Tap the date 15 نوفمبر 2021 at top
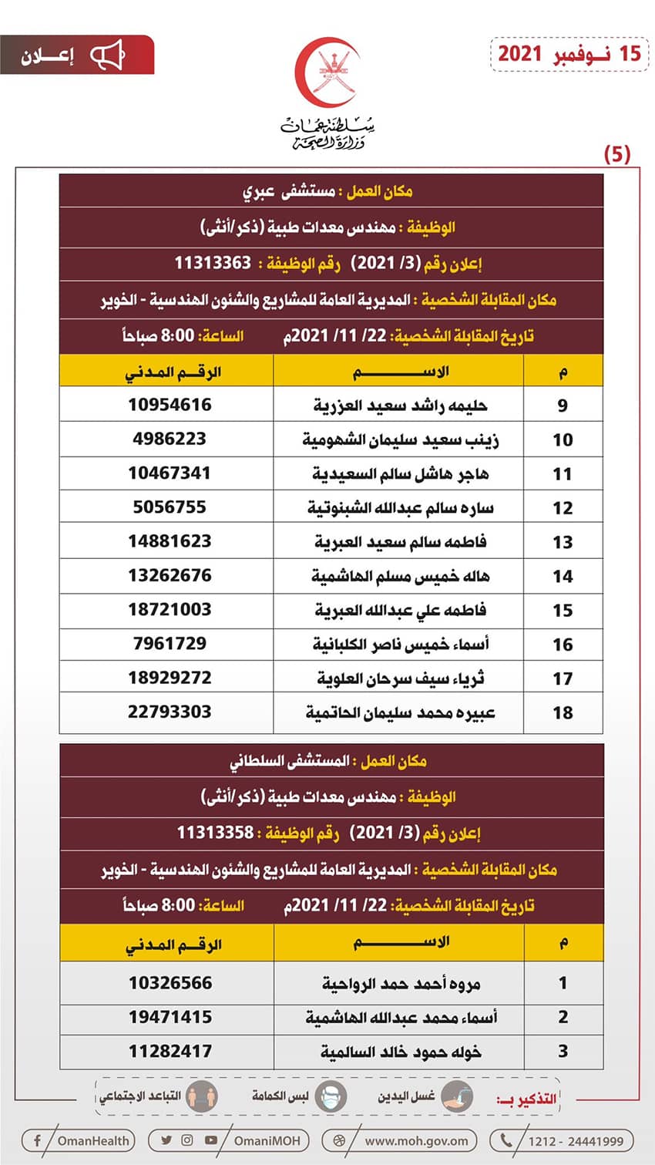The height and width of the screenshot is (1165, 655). pos(569,53)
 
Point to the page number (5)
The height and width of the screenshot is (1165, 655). pos(616,154)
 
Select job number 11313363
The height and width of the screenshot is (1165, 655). pos(213,263)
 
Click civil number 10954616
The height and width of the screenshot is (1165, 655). pos(170,405)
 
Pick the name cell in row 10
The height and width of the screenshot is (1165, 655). pos(400,439)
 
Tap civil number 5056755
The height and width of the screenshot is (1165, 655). pos(170,507)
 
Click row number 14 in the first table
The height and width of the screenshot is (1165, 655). pos(563,576)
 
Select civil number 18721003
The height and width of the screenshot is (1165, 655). pos(170,610)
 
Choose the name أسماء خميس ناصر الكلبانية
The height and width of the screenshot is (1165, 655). pos(400,644)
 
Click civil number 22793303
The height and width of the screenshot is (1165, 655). pos(170,712)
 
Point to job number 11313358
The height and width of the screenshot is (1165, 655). pos(215,833)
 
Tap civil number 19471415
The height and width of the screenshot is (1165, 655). pos(170,1017)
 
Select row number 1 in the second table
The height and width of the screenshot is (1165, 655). pos(563,983)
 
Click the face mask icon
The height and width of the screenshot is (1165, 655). pos(331,1096)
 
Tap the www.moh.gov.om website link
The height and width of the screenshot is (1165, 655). pos(416,1140)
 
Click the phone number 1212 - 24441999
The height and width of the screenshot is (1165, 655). pos(575,1141)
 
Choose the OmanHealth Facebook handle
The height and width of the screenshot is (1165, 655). pos(93,1140)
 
